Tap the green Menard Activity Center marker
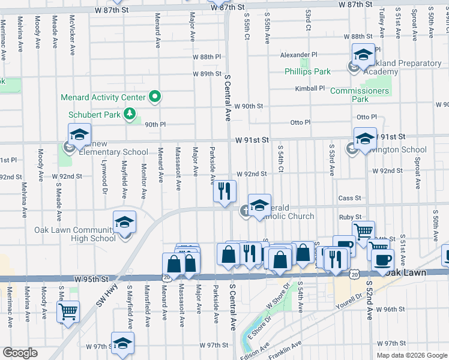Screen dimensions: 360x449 click(x=155, y=97)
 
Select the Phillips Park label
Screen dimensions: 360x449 click(x=307, y=71)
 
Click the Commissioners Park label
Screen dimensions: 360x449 click(x=361, y=95)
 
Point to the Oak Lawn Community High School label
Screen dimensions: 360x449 click(x=75, y=234)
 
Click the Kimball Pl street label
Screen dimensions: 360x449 click(x=310, y=88)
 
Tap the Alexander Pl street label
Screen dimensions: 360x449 click(x=298, y=55)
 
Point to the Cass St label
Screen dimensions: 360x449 click(x=349, y=198)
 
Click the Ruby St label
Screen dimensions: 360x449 click(x=349, y=217)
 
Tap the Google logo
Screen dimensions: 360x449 click(x=20, y=353)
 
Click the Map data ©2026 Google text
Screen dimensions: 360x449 click(x=411, y=355)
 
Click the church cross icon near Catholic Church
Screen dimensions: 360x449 click(x=246, y=211)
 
